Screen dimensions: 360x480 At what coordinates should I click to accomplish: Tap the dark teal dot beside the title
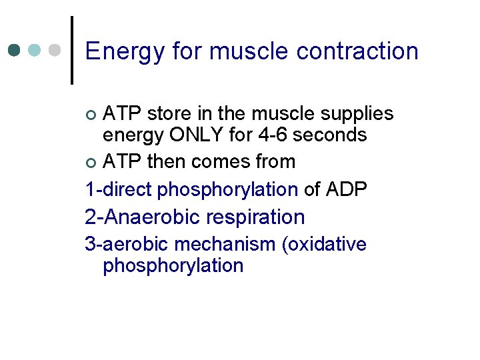click(x=15, y=50)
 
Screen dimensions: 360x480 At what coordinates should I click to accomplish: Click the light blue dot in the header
click(x=35, y=50)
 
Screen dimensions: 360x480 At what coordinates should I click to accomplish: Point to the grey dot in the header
click(x=56, y=50)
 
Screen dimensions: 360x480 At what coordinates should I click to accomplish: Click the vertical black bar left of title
click(x=72, y=50)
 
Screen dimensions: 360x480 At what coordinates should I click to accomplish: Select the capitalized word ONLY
click(x=200, y=135)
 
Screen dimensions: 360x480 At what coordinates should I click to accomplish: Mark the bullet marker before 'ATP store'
click(x=93, y=115)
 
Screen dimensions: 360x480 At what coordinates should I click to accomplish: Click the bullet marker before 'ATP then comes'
click(x=93, y=162)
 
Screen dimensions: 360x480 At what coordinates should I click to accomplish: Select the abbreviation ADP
click(x=347, y=189)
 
